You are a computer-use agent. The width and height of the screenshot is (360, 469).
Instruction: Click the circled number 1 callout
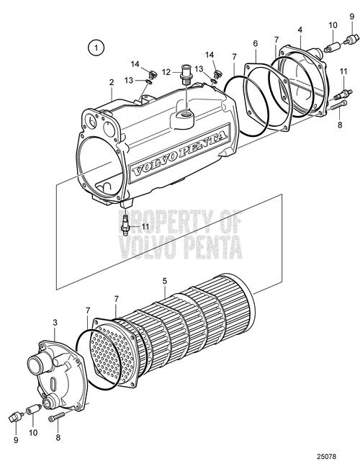click(x=96, y=48)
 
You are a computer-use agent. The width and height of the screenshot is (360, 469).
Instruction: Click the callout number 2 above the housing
click(x=112, y=82)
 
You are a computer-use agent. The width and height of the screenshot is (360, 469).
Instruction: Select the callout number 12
click(x=166, y=72)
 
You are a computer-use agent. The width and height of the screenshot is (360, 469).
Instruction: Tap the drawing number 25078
click(x=326, y=457)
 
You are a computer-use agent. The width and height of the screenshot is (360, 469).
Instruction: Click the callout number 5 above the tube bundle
click(x=165, y=281)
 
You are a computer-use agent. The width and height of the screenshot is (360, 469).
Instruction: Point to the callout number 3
click(x=55, y=323)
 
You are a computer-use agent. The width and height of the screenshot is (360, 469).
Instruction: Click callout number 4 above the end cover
click(x=300, y=30)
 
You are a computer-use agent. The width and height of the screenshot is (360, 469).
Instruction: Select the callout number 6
click(x=255, y=43)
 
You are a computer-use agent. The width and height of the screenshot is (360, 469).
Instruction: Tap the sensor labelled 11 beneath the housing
click(x=126, y=223)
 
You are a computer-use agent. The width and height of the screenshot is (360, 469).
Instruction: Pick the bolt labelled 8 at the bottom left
click(x=56, y=417)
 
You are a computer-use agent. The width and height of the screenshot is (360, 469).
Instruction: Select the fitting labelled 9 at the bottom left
click(x=17, y=416)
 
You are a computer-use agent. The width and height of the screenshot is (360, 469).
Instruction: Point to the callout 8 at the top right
click(x=340, y=125)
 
